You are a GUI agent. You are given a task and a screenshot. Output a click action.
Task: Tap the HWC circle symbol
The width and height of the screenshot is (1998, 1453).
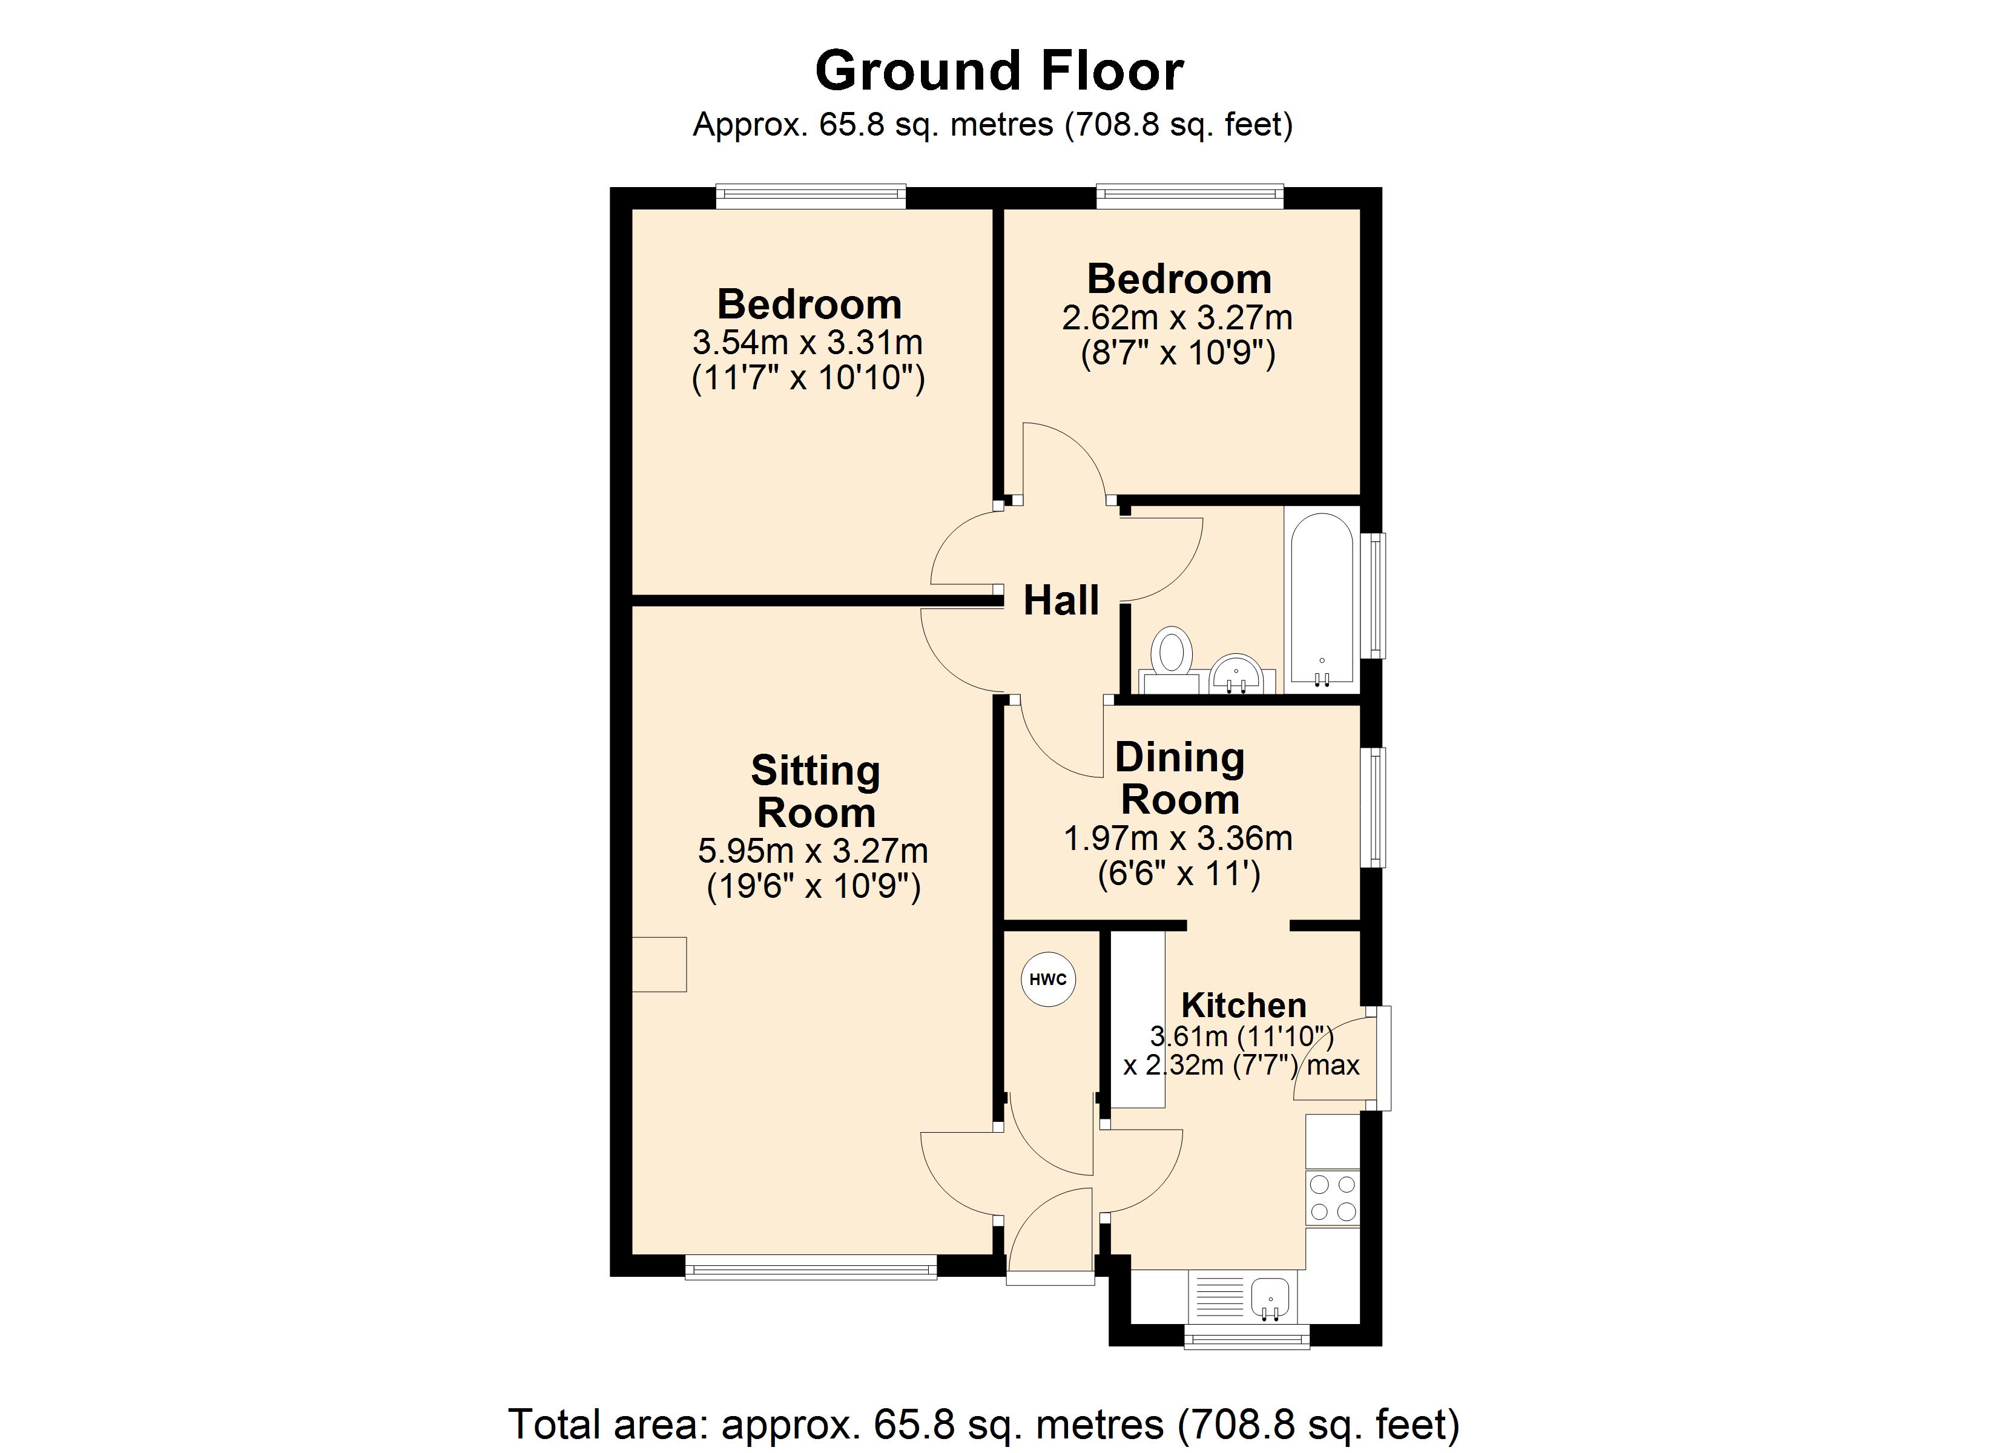tap(1048, 979)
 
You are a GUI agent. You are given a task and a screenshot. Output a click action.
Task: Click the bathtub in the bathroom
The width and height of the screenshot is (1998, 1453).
tap(1322, 598)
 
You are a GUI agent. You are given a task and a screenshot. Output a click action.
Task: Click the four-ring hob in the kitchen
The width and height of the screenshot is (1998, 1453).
tap(1333, 1198)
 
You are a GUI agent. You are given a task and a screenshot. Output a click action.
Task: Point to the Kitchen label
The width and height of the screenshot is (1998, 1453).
tap(1243, 1004)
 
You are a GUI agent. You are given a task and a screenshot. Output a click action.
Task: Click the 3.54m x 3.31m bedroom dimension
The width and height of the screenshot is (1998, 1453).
tap(808, 342)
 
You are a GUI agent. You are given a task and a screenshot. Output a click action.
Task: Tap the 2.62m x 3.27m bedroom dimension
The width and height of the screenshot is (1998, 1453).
tap(1177, 317)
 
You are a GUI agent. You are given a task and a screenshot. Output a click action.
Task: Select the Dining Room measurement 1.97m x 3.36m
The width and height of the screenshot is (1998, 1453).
tap(1179, 838)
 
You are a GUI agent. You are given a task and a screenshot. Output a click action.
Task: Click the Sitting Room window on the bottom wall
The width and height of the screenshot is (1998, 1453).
tap(811, 1269)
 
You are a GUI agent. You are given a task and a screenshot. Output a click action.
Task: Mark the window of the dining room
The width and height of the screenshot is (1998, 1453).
tap(1373, 807)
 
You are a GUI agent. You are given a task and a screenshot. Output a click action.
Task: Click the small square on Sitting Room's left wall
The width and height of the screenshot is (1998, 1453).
tap(659, 964)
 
